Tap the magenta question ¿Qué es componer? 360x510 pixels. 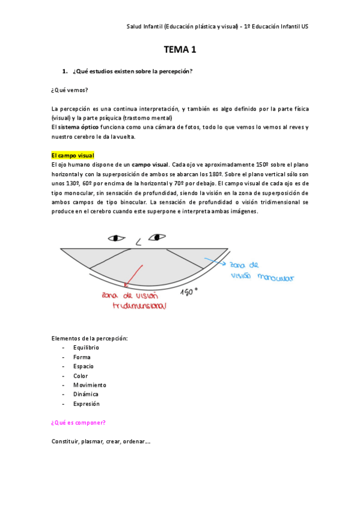(79, 423)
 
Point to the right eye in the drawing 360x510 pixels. (157, 237)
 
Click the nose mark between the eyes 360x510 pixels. (138, 242)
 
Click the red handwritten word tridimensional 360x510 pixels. (139, 306)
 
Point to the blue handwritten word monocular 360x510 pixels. (274, 278)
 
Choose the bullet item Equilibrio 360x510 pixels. (86, 348)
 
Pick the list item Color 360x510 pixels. (81, 376)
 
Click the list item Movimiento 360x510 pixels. (90, 385)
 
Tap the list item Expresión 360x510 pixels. (87, 404)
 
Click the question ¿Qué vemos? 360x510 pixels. (70, 90)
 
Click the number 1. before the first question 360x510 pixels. (65, 72)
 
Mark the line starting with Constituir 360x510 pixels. (101, 441)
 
